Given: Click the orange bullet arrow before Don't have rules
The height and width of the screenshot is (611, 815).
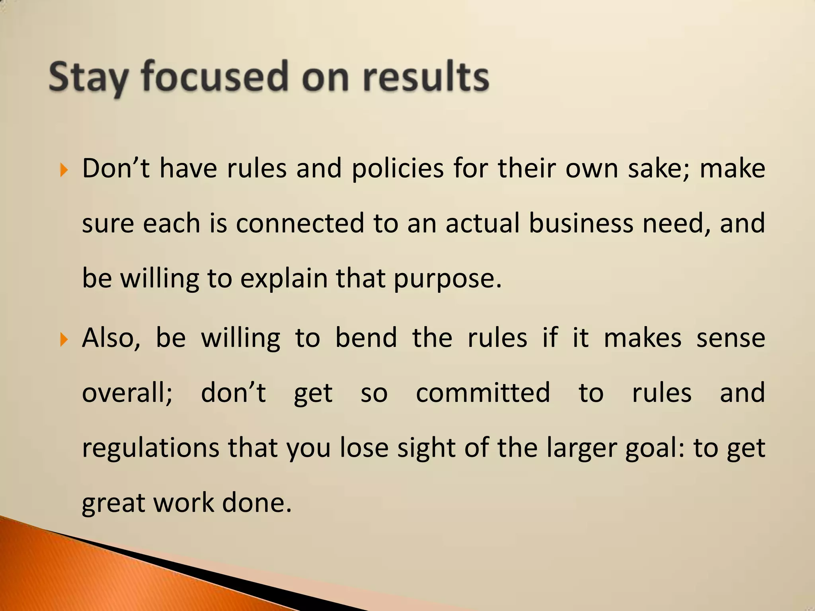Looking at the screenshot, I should tap(64, 171).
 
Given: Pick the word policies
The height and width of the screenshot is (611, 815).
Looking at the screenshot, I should tap(398, 169).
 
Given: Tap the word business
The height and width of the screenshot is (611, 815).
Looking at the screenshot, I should tap(581, 223).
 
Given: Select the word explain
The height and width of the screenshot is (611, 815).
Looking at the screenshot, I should tap(284, 278).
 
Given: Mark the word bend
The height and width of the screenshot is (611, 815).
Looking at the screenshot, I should tap(366, 338).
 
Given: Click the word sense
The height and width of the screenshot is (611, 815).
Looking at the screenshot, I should tap(731, 338).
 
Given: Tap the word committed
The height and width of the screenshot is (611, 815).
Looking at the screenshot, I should tap(483, 393).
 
